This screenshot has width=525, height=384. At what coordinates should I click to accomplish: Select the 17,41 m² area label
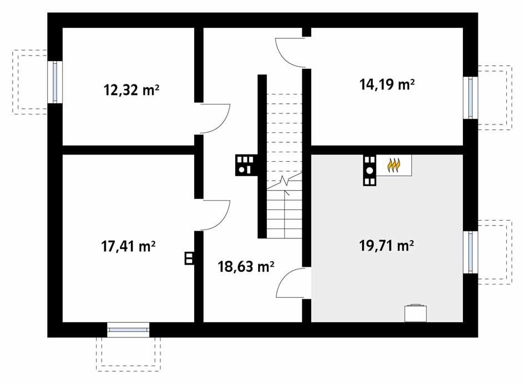(x=128, y=246)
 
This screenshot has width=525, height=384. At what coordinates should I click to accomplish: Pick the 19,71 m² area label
(x=387, y=246)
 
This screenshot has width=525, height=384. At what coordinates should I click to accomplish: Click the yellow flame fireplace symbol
(x=393, y=165)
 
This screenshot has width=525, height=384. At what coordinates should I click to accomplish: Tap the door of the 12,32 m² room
(x=215, y=118)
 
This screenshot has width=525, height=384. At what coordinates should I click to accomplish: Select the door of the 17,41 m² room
(x=215, y=215)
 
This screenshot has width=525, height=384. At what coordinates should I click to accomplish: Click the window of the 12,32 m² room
(x=55, y=82)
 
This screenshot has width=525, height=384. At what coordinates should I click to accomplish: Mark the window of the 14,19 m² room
(x=471, y=97)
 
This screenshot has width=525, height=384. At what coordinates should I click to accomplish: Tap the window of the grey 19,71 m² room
(x=471, y=252)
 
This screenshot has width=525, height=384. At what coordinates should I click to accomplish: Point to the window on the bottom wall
(x=128, y=330)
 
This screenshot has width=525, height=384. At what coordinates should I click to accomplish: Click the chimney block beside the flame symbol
(x=370, y=169)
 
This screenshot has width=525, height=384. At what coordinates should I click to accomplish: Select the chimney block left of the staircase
(x=244, y=164)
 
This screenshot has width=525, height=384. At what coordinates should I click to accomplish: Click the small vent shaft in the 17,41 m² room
(x=189, y=258)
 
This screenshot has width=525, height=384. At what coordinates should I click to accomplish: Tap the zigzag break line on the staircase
(x=286, y=181)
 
